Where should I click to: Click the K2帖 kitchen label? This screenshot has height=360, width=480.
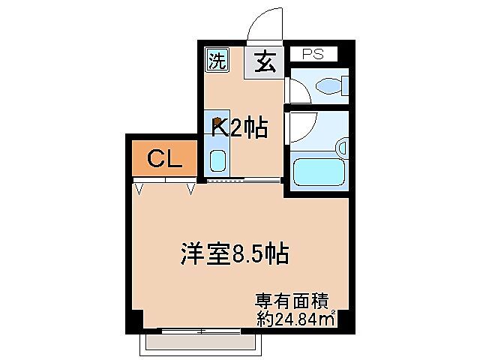(240, 128)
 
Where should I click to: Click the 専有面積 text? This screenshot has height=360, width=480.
(292, 302)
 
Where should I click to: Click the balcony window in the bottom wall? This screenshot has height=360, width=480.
(202, 330)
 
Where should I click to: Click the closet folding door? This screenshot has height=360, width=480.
(164, 182)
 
